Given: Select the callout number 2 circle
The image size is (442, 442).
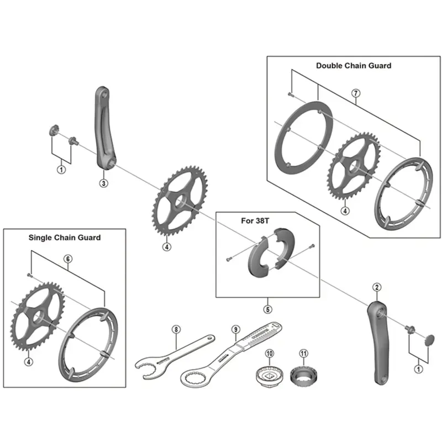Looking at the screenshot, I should (376, 286).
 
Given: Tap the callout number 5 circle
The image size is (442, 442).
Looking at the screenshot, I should (267, 309).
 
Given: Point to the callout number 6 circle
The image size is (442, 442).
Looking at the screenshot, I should (67, 258).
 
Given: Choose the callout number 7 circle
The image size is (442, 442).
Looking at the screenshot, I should (356, 94).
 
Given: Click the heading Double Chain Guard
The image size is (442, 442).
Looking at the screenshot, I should (354, 65).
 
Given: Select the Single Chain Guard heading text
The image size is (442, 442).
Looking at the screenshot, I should (65, 238).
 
